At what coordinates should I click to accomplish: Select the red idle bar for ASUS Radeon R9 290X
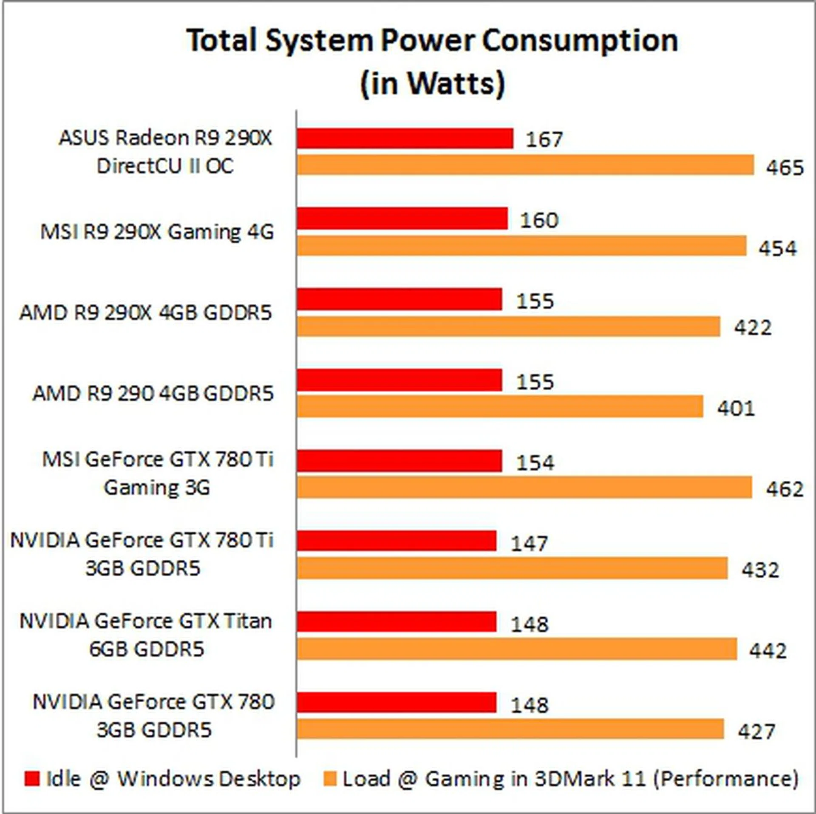405,138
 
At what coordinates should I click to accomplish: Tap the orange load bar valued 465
525,165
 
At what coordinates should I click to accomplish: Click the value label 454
778,248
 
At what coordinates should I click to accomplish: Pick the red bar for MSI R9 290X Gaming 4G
402,218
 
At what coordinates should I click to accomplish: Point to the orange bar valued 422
508,326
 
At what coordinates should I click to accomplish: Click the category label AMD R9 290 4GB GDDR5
153,393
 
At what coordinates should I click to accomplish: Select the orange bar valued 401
500,407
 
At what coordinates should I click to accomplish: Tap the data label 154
535,462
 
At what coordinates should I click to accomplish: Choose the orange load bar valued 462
524,487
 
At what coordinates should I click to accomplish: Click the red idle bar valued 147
397,541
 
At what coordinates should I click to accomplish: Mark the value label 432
760,570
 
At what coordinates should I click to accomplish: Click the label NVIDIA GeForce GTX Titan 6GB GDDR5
146,635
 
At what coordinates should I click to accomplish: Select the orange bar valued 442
517,649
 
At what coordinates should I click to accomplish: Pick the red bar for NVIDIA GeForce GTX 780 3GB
397,702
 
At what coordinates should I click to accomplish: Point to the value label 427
756,731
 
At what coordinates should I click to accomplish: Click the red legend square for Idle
32,779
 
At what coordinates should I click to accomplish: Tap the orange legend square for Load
330,779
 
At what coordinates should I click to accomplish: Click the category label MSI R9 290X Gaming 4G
157,232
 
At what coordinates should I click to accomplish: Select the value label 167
544,139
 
